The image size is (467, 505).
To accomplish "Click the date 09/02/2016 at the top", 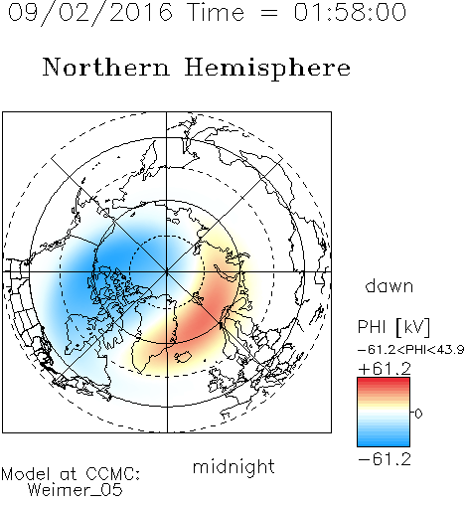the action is click(x=89, y=13).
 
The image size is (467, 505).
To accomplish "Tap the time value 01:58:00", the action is click(x=350, y=13).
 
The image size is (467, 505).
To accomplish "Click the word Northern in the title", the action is click(x=106, y=67).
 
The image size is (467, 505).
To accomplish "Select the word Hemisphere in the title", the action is click(x=267, y=69).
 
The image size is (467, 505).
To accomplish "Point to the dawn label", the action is click(x=389, y=286).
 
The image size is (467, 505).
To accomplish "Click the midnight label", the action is click(x=233, y=466).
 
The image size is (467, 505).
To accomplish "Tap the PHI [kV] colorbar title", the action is click(x=393, y=327).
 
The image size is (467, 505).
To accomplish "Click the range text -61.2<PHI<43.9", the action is click(x=410, y=350).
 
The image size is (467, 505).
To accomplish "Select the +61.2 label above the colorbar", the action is click(x=385, y=369).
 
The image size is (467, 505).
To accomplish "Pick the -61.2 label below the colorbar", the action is click(x=385, y=459).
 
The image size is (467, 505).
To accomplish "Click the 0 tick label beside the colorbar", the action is click(x=418, y=414).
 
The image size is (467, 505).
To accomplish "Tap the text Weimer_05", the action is click(x=76, y=490).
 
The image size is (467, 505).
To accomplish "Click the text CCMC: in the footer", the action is click(x=113, y=474).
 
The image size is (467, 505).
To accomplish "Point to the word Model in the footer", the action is click(x=26, y=474).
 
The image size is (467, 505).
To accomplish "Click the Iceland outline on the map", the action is click(x=183, y=357).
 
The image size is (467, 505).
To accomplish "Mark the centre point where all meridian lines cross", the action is click(x=167, y=271).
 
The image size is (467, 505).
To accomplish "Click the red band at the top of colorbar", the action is click(x=384, y=381).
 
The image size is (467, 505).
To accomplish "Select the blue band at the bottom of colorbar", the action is click(x=384, y=443).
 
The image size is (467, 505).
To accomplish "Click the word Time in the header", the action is click(x=216, y=13).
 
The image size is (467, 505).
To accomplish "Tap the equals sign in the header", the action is click(x=269, y=13).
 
